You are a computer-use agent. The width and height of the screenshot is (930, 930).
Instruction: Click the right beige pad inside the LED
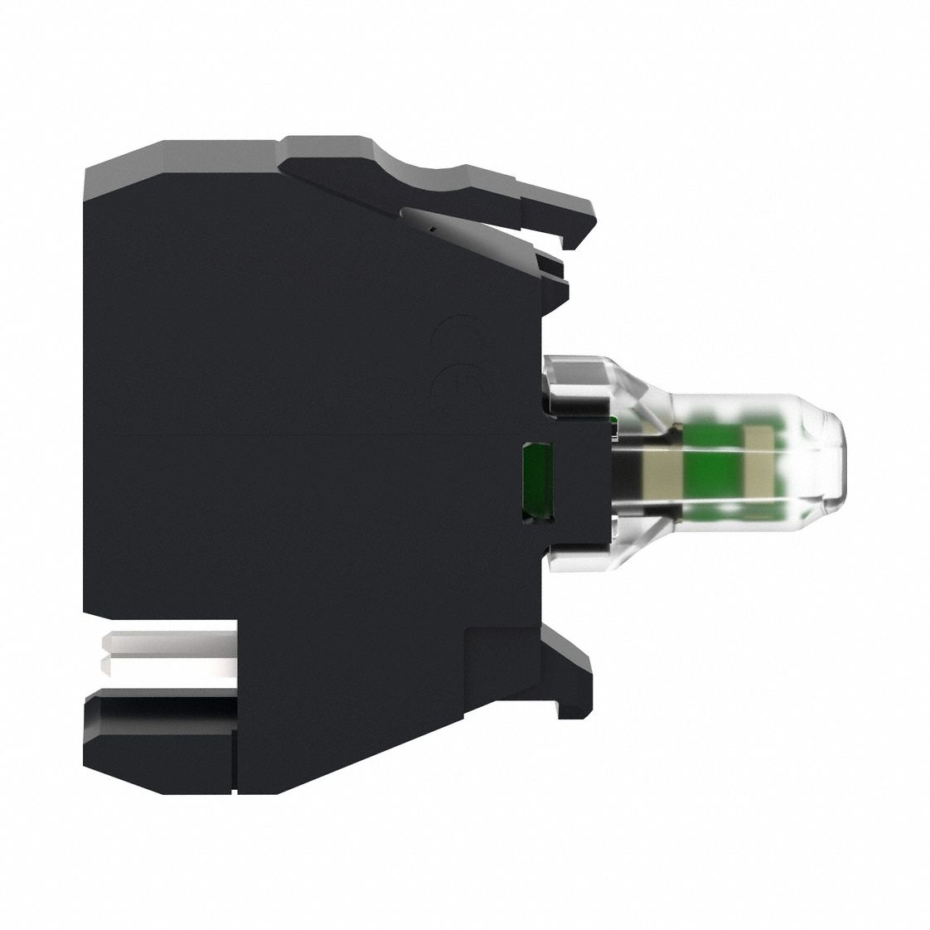point(758,469)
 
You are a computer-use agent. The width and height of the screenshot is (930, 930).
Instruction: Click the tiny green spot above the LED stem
point(612,426)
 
